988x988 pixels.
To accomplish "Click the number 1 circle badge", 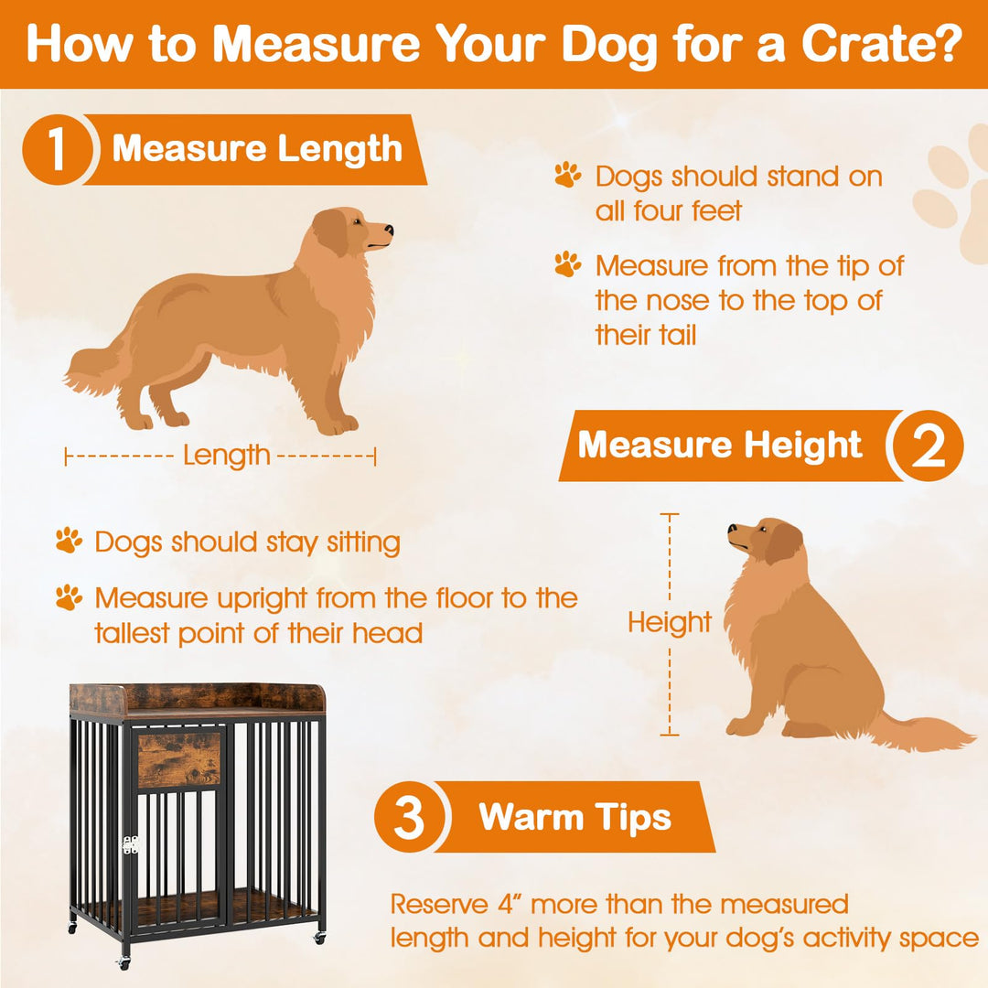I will tap(57, 150).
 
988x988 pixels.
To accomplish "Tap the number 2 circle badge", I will tap(928, 446).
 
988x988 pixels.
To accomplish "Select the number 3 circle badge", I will tap(409, 817).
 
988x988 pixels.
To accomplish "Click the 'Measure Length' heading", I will tap(257, 149).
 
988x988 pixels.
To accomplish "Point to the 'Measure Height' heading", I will tap(720, 446).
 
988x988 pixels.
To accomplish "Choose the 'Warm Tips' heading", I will tap(575, 817).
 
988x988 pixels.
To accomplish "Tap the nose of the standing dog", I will tap(389, 229).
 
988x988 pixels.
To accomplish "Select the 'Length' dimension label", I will tap(226, 455).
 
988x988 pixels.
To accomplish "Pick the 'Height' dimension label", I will tap(670, 623).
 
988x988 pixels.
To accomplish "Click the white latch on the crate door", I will tap(130, 844).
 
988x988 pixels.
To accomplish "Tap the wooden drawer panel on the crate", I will tap(179, 759).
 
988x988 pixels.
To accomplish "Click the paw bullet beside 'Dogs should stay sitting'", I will tap(69, 541).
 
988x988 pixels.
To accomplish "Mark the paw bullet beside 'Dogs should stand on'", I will tap(568, 175).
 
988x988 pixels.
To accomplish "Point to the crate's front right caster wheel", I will tap(319, 938).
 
